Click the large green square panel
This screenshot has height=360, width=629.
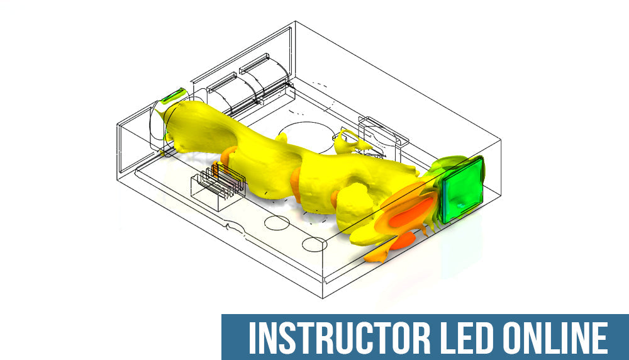point(462,189)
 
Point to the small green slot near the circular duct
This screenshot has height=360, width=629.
point(171,96)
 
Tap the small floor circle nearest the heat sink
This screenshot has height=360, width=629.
point(275,222)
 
